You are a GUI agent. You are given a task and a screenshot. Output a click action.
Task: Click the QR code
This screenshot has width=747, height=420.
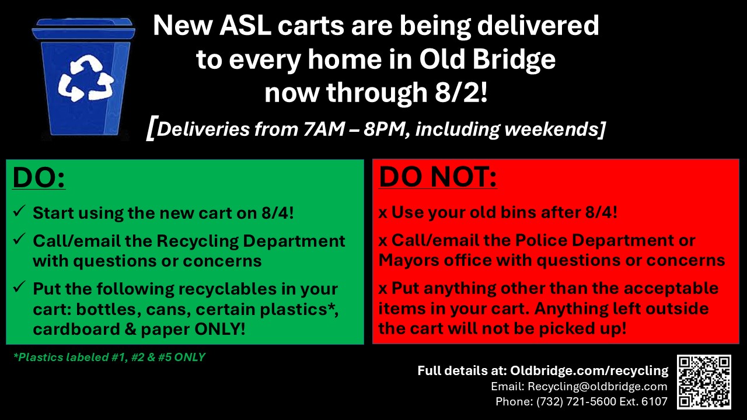click(x=704, y=382)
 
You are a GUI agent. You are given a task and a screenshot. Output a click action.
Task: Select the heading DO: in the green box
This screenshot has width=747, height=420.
click(x=39, y=177)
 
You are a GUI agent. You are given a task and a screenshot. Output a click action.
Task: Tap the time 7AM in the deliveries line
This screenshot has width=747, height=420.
click(x=324, y=129)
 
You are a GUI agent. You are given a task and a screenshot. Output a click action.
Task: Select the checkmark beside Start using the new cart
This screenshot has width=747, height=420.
click(x=19, y=211)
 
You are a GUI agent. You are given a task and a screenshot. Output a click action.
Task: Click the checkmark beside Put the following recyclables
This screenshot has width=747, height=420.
click(x=19, y=287)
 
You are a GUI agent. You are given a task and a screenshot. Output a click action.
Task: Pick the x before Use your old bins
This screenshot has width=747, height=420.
click(x=383, y=213)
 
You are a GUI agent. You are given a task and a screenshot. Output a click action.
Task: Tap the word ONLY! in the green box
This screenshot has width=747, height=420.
click(x=220, y=329)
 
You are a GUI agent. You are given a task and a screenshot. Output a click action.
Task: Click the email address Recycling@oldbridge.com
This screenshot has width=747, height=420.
click(x=597, y=386)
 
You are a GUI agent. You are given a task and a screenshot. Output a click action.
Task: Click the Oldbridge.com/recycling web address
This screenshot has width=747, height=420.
click(x=589, y=371)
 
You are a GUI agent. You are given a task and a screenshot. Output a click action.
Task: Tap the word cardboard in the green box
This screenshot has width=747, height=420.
click(x=76, y=329)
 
